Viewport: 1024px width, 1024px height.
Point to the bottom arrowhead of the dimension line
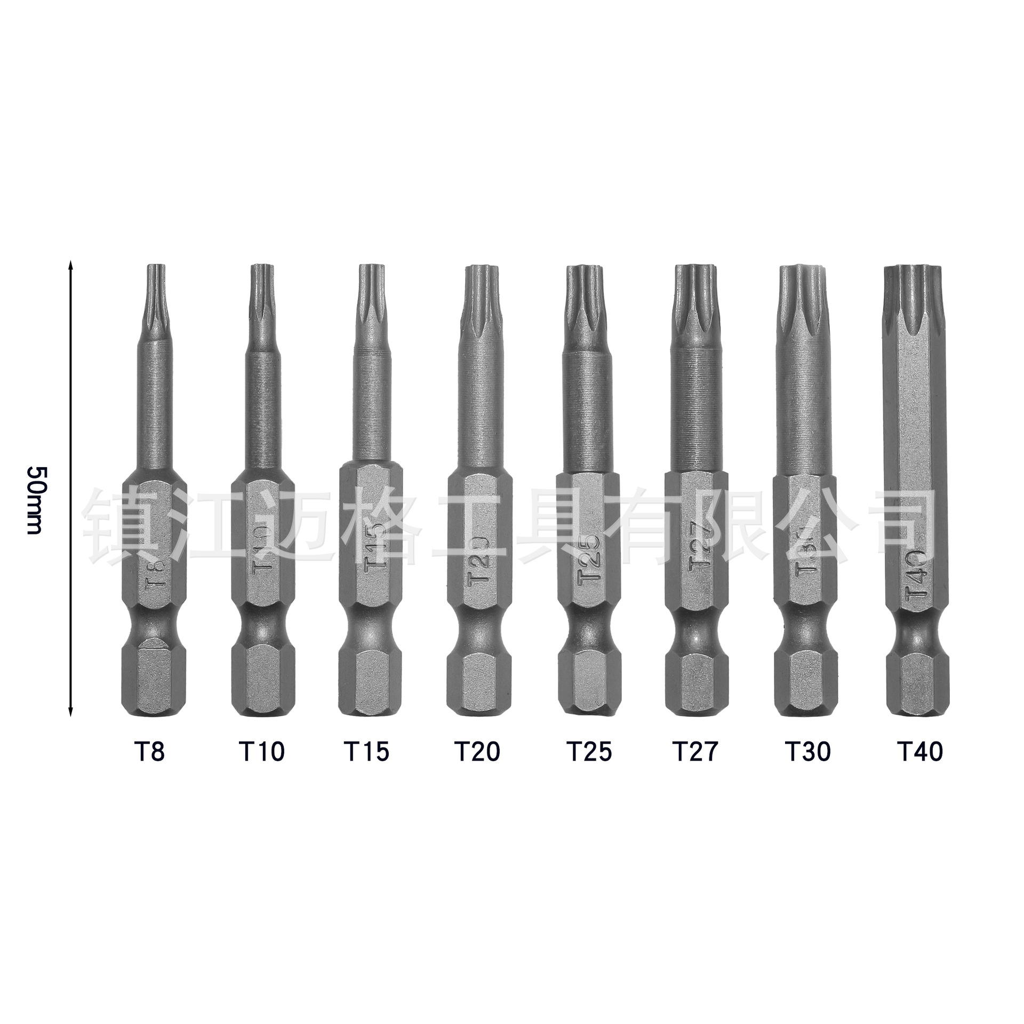click(x=70, y=712)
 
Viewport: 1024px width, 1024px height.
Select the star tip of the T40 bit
click(x=911, y=299)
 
